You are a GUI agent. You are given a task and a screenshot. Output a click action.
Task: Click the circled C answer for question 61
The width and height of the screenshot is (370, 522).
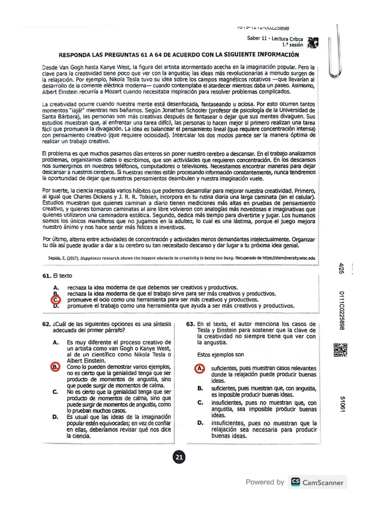tap(56, 300)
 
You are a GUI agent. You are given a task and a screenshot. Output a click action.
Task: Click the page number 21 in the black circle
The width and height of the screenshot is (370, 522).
tap(179, 457)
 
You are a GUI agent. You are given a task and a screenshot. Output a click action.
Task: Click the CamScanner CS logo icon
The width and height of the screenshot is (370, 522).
tap(295, 482)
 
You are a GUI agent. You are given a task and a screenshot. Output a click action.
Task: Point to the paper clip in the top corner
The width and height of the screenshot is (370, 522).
tap(336, 51)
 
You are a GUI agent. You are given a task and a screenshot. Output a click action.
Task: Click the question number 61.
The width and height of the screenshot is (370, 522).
tap(47, 276)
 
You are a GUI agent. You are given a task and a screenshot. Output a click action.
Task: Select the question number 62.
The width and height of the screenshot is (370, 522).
tap(47, 324)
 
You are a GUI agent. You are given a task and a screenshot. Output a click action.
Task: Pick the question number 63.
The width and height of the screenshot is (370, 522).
tap(191, 324)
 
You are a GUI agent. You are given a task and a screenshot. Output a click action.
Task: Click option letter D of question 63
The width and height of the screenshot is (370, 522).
tap(200, 423)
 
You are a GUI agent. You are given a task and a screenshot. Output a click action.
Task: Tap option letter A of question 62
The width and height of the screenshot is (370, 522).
tap(56, 342)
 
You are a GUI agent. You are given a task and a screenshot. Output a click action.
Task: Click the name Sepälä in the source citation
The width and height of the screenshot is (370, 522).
tap(54, 258)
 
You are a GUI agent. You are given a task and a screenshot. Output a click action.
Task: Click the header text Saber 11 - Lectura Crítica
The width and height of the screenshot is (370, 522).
tap(275, 39)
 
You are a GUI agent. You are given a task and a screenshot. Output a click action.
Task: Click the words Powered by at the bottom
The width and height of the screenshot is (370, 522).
tap(265, 482)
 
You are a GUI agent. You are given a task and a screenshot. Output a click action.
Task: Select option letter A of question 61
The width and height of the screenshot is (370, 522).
tap(56, 288)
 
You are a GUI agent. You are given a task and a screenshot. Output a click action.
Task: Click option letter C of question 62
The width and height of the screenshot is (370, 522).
tap(55, 392)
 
